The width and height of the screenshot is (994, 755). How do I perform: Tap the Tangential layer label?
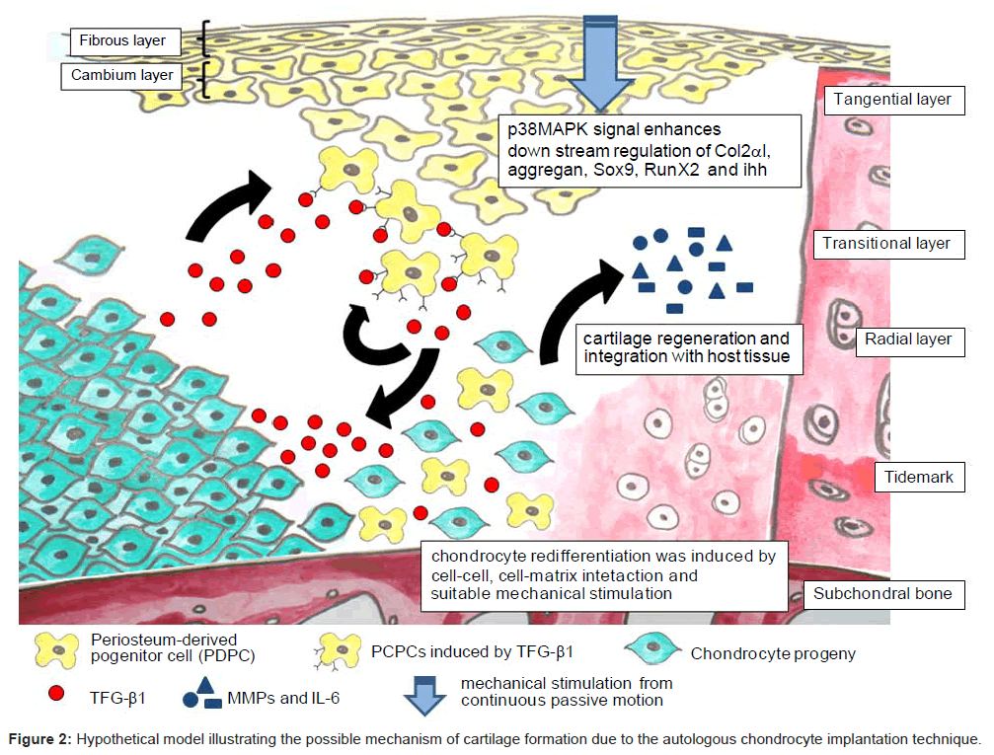(x=892, y=100)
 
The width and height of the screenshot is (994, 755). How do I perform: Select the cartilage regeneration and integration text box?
(x=687, y=346)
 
